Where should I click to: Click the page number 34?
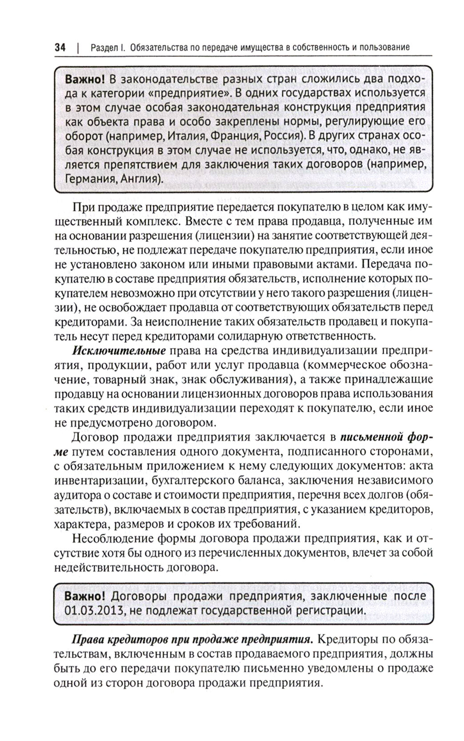(x=60, y=48)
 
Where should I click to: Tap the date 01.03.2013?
(x=92, y=610)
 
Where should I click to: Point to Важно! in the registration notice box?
(x=85, y=596)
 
